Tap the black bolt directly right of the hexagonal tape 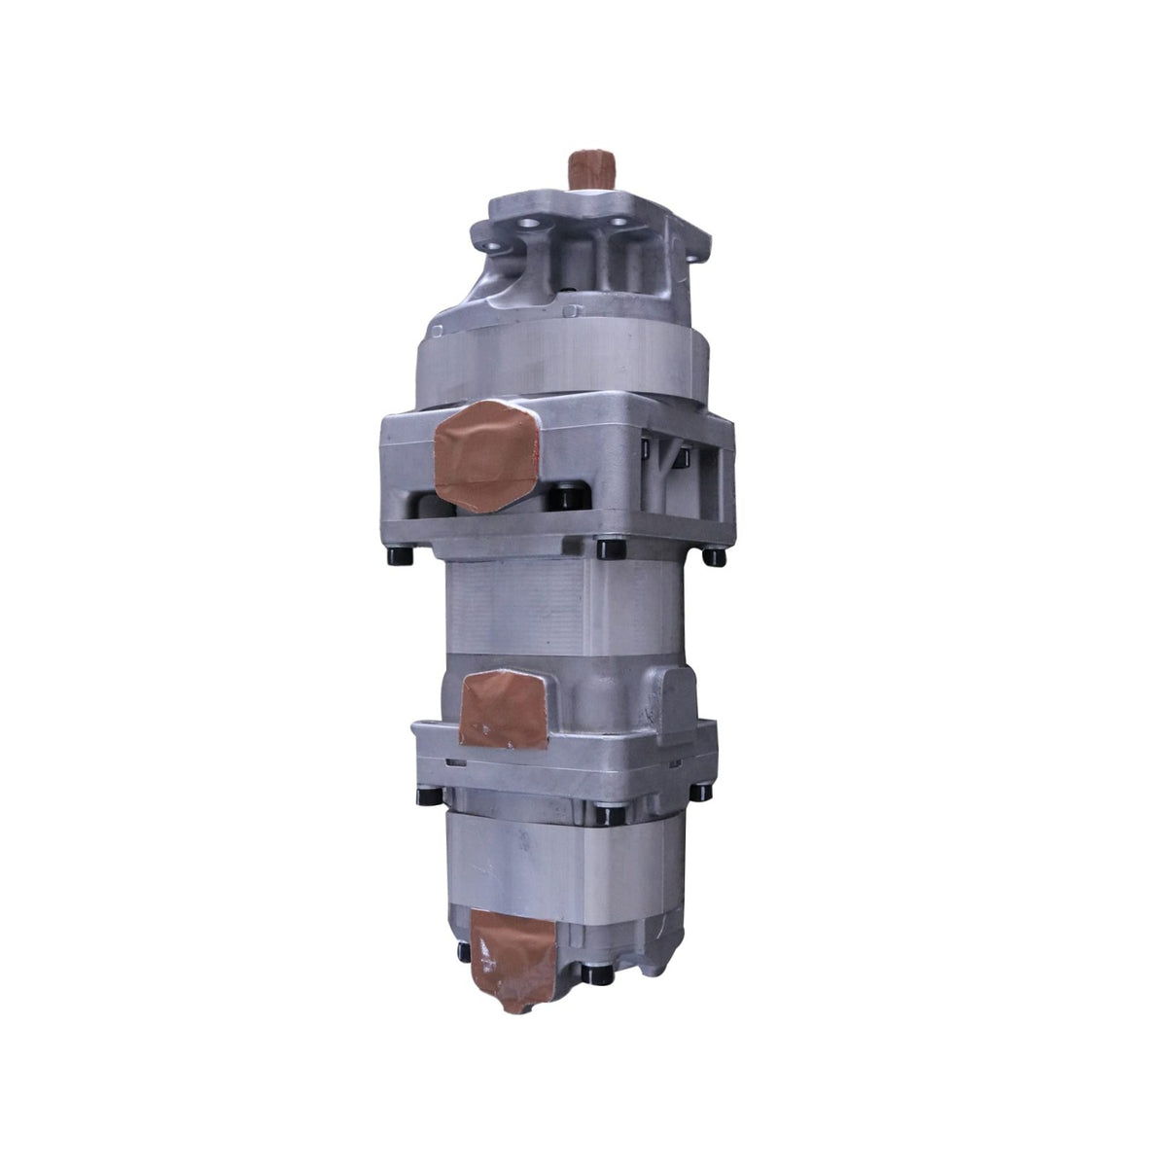(559, 498)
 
